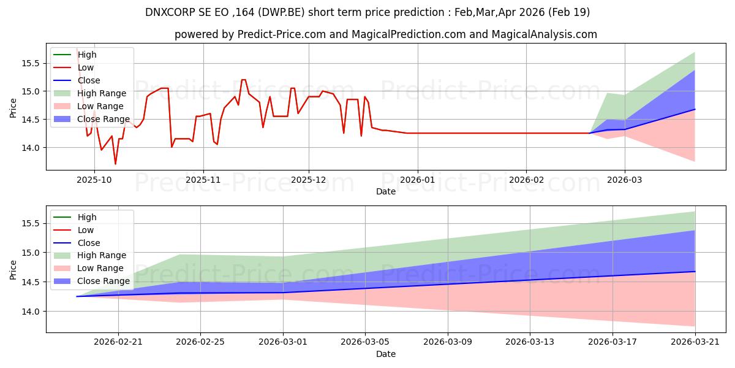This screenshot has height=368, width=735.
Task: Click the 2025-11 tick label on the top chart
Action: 203,180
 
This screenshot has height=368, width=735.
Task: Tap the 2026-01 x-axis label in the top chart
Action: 418,180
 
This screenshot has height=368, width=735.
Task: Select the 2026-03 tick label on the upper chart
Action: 625,180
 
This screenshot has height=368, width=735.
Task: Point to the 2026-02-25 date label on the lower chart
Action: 200,342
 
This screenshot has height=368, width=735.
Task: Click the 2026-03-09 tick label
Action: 448,342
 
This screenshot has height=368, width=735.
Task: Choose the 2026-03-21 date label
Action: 695,342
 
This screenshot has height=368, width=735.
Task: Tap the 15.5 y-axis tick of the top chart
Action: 31,63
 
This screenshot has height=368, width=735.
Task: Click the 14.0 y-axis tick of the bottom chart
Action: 31,311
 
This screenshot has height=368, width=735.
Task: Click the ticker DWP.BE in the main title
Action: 282,12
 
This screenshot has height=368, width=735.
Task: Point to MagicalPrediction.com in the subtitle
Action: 409,34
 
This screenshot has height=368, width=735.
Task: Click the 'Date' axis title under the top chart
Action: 386,191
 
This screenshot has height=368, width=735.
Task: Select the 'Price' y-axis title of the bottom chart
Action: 13,270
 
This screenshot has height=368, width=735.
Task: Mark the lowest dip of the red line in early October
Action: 115,164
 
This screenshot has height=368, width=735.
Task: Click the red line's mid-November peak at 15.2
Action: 244,80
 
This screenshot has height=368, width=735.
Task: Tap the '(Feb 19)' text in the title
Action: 569,12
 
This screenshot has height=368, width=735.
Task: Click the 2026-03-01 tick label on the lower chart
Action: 283,342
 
